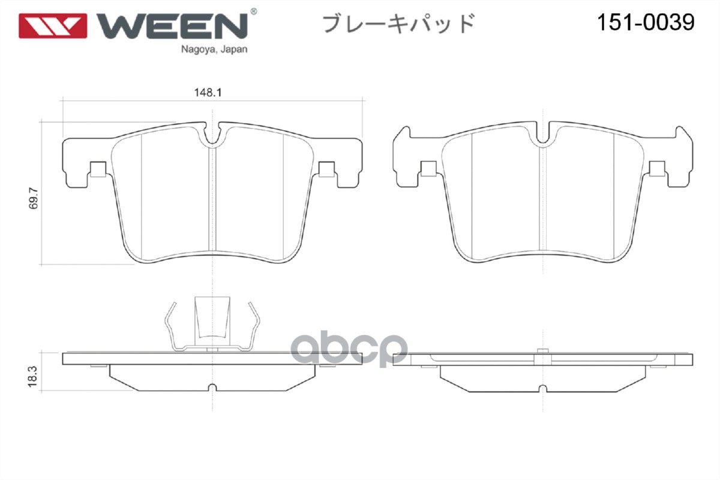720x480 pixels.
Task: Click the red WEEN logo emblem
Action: (53, 24)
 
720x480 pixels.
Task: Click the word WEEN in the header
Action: (171, 24)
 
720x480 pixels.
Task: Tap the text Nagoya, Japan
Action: (214, 50)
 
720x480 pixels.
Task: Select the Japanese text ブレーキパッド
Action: (399, 23)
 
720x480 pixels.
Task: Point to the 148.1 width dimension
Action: (205, 93)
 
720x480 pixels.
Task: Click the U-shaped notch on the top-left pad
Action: (212, 137)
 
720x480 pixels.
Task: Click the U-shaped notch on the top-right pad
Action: (542, 137)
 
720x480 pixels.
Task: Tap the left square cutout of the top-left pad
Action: (98, 170)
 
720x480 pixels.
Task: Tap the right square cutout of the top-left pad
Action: (327, 170)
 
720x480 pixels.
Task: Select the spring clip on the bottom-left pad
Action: (214, 324)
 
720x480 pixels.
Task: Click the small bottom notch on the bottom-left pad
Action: (212, 387)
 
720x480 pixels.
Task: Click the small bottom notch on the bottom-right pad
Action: (542, 387)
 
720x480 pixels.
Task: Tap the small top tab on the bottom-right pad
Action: (542, 350)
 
